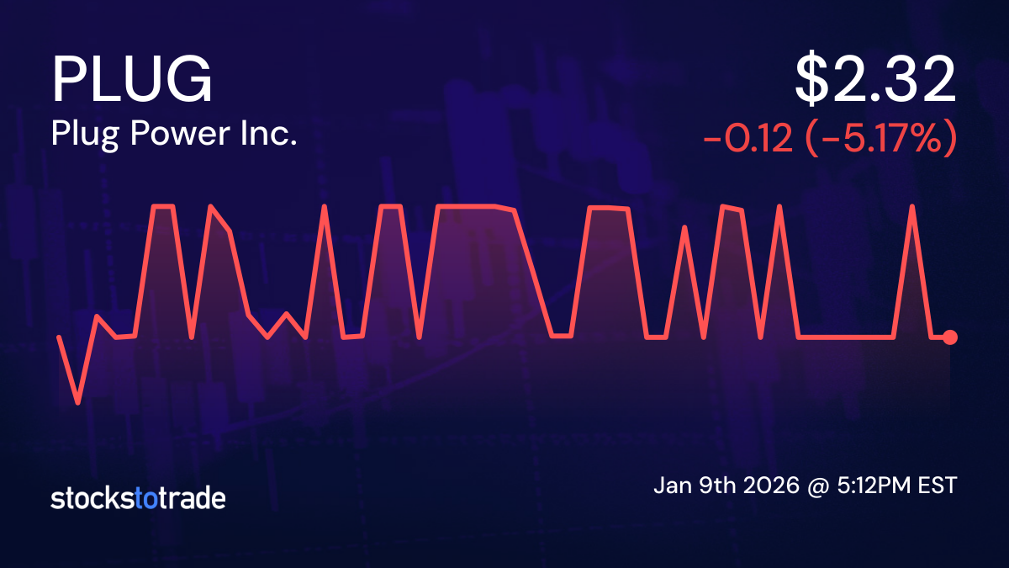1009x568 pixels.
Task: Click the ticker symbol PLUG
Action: click(x=132, y=80)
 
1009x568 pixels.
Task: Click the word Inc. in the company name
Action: click(x=273, y=135)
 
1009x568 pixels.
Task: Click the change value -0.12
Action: click(x=747, y=139)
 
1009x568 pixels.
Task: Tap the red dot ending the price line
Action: click(x=950, y=337)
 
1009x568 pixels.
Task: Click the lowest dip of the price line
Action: click(x=78, y=402)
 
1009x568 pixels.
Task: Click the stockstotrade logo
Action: click(x=138, y=498)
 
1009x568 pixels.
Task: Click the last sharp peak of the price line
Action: click(x=912, y=206)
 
